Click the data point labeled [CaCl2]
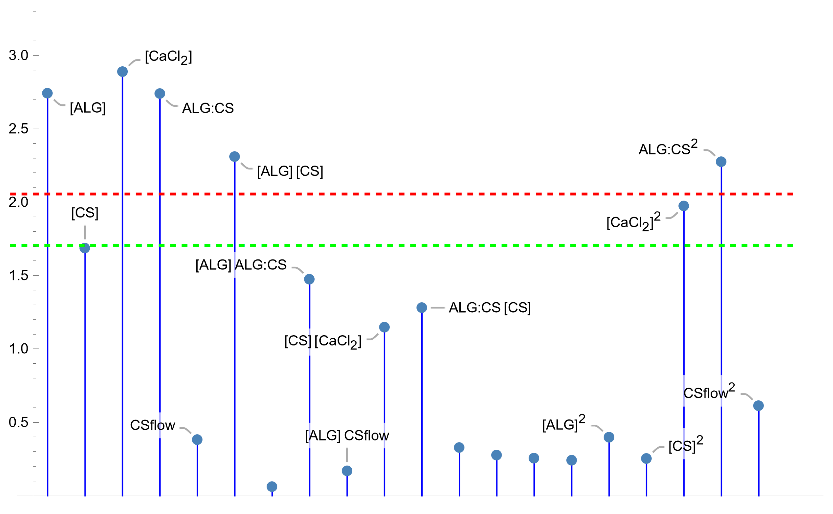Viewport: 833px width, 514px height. click(x=122, y=72)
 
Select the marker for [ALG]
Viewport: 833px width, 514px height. click(x=47, y=93)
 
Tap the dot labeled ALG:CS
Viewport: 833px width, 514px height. click(x=160, y=93)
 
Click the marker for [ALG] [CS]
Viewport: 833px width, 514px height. click(x=235, y=157)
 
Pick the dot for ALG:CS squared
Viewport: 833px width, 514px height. click(x=721, y=162)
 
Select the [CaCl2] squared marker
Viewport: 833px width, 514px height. click(x=684, y=206)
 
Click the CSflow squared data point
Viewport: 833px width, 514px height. click(x=759, y=405)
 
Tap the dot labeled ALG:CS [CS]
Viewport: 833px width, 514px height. click(x=422, y=308)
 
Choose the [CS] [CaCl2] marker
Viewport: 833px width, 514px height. click(x=384, y=327)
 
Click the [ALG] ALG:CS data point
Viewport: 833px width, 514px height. click(x=309, y=279)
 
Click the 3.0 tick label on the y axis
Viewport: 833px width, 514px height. click(x=18, y=56)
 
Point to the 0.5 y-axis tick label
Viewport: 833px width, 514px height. click(x=18, y=422)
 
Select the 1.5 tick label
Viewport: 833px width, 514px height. click(x=18, y=275)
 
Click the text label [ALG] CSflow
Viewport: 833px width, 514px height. click(x=347, y=436)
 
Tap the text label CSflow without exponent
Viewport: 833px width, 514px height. click(x=153, y=425)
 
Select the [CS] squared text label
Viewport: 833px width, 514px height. click(x=685, y=445)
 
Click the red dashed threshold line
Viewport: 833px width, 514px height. click(x=442, y=194)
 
